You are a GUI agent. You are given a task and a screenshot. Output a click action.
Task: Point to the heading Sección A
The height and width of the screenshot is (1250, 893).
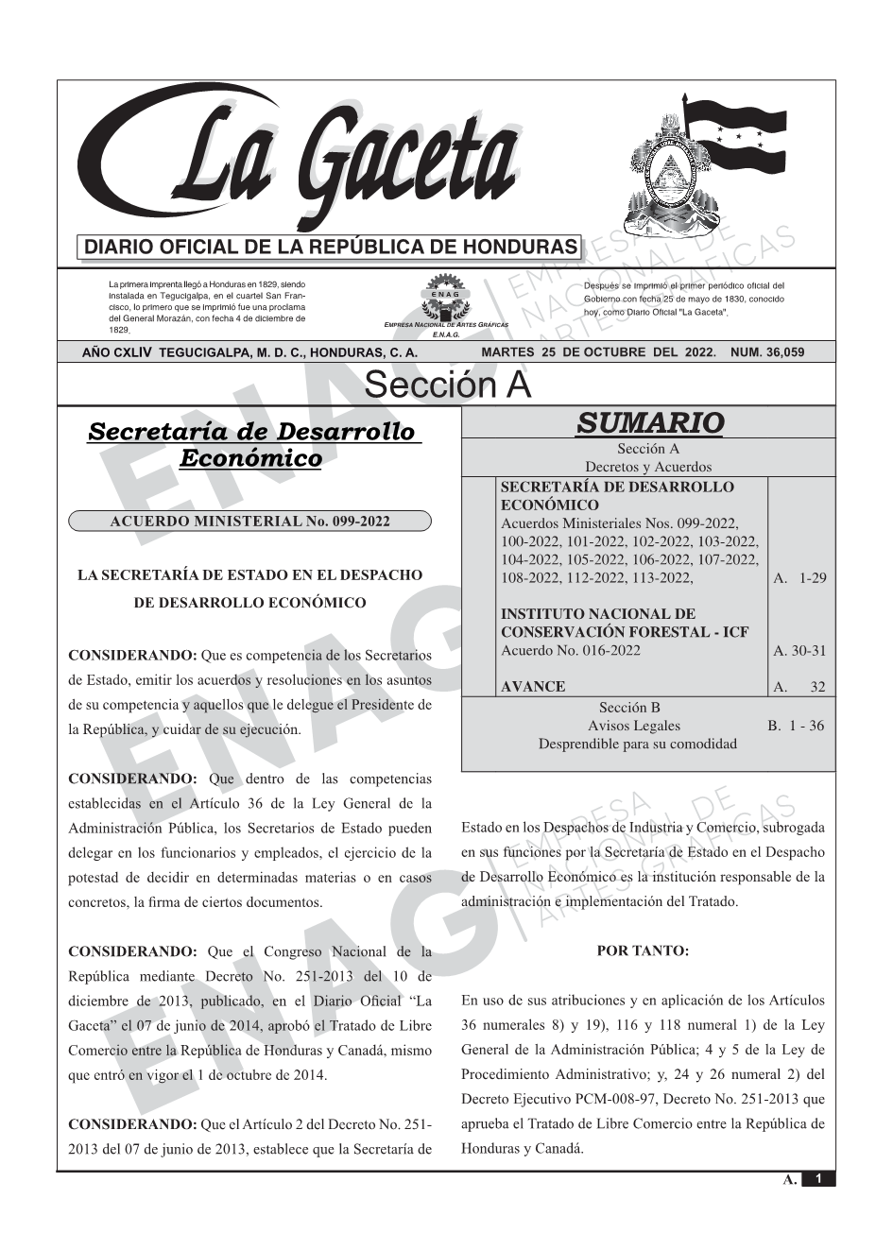[x=447, y=385]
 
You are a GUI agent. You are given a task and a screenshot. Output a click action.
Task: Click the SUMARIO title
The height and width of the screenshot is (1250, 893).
[x=649, y=422]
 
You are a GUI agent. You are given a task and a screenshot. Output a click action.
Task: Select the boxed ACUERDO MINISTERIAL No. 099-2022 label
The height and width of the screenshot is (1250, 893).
[x=249, y=522]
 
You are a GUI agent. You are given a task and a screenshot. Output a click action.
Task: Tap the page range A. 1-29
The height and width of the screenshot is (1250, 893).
[x=799, y=578]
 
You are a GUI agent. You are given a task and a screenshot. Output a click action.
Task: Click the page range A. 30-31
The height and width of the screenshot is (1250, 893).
[x=799, y=650]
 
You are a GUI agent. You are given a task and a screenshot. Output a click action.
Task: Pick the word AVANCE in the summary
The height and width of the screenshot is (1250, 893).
[x=533, y=687]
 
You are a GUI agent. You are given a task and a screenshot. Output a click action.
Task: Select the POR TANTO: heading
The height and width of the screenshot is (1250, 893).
[x=643, y=951]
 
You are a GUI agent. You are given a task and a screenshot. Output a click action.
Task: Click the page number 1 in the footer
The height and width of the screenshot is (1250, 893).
[x=818, y=1179]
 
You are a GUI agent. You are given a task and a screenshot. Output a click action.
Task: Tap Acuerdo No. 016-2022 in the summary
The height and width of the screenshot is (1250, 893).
[x=570, y=650]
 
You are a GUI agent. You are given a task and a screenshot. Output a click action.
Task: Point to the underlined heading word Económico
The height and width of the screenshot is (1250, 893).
[x=250, y=459]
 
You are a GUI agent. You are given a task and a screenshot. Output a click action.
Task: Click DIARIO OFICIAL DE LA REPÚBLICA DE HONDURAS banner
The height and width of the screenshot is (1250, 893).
[x=331, y=248]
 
